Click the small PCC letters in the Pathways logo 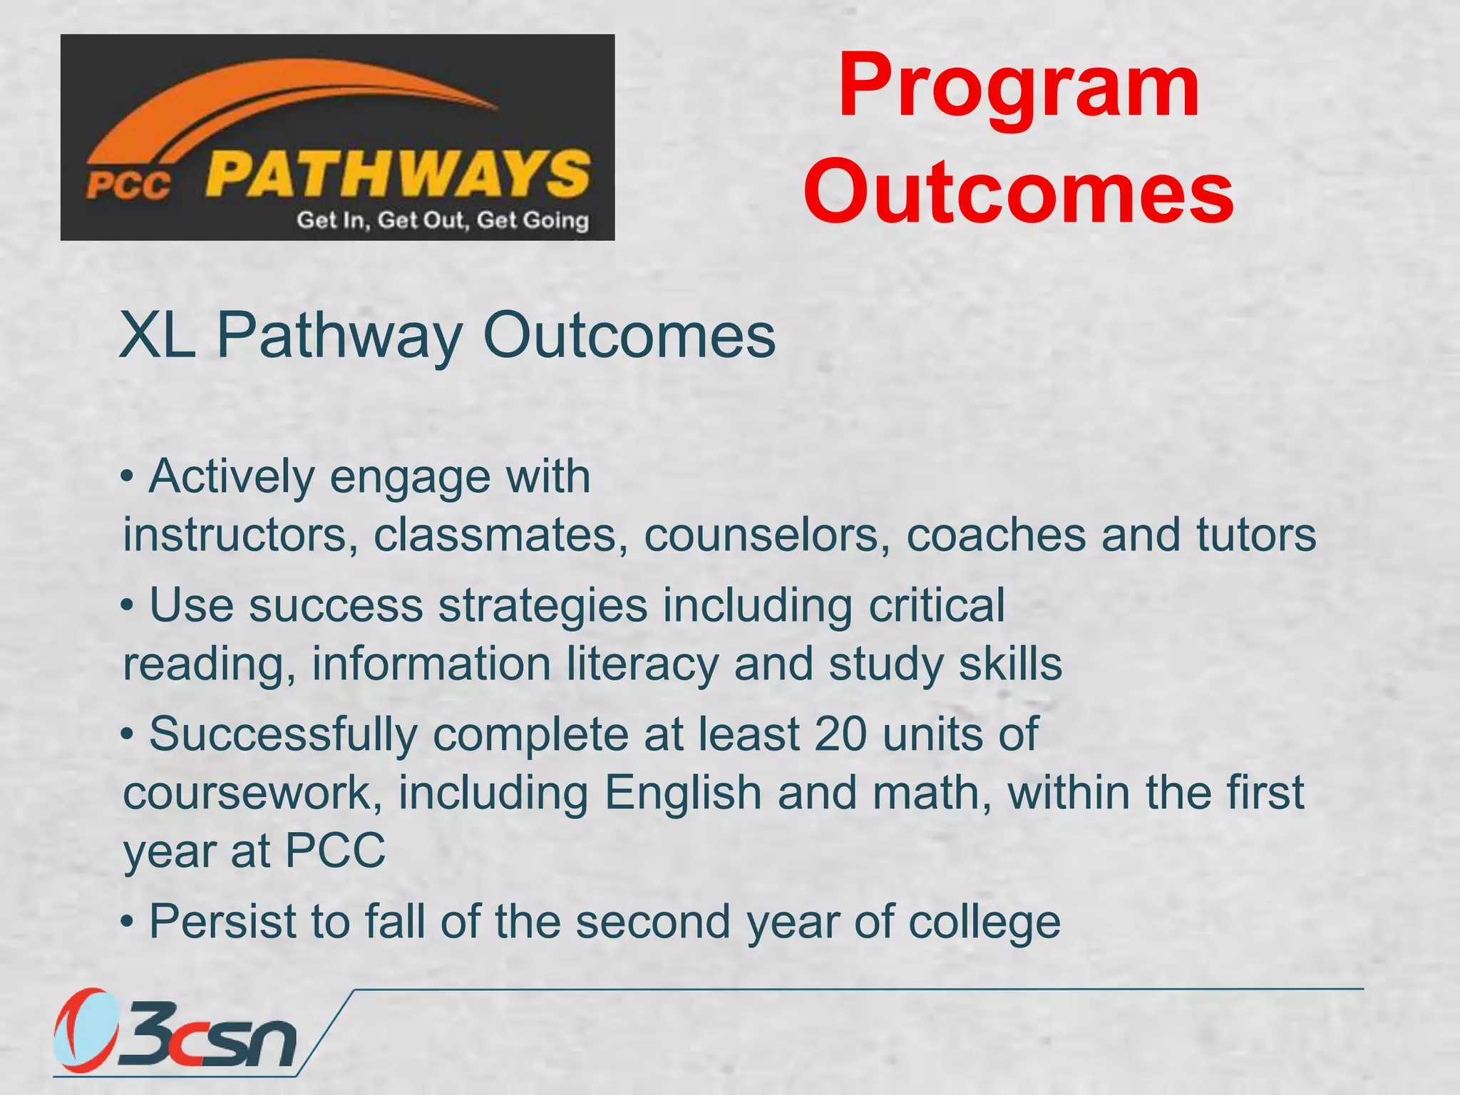pos(128,185)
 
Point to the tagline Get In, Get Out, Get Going pos(443,220)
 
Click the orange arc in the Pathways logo pos(285,100)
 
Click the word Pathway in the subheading pos(339,336)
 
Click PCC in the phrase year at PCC pos(335,850)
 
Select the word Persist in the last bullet pos(222,921)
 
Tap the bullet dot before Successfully pos(128,734)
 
